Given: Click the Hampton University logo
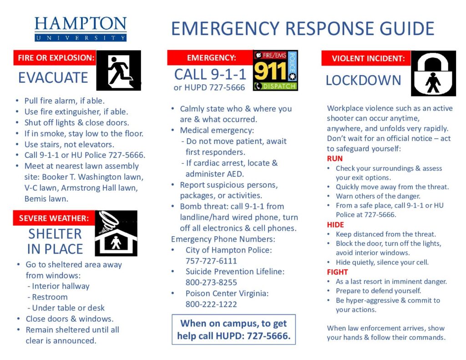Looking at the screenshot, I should tap(81, 29).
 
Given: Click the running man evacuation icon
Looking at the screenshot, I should tap(118, 71).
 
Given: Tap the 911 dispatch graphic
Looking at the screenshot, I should tap(275, 71).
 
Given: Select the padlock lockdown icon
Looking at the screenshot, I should tap(433, 73).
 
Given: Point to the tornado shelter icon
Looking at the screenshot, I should tap(116, 233).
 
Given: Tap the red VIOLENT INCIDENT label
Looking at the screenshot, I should tap(368, 58).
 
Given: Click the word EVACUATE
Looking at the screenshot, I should tap(53, 78).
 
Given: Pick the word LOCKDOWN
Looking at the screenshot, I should tap(363, 81).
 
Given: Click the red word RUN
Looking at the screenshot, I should tap(334, 159).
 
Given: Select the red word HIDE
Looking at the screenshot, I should tap(335, 225).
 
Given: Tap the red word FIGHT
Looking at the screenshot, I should tap(337, 272).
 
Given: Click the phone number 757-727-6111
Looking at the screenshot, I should tap(211, 261).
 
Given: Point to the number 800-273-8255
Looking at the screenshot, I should tap(211, 283).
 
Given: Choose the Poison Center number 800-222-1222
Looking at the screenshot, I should tap(211, 304).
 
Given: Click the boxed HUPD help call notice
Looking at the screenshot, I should tap(233, 330).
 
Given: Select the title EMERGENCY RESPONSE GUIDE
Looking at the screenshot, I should tap(303, 29).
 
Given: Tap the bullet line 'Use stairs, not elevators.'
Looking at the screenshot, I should tap(69, 144).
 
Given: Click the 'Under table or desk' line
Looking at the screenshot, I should tap(68, 308).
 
